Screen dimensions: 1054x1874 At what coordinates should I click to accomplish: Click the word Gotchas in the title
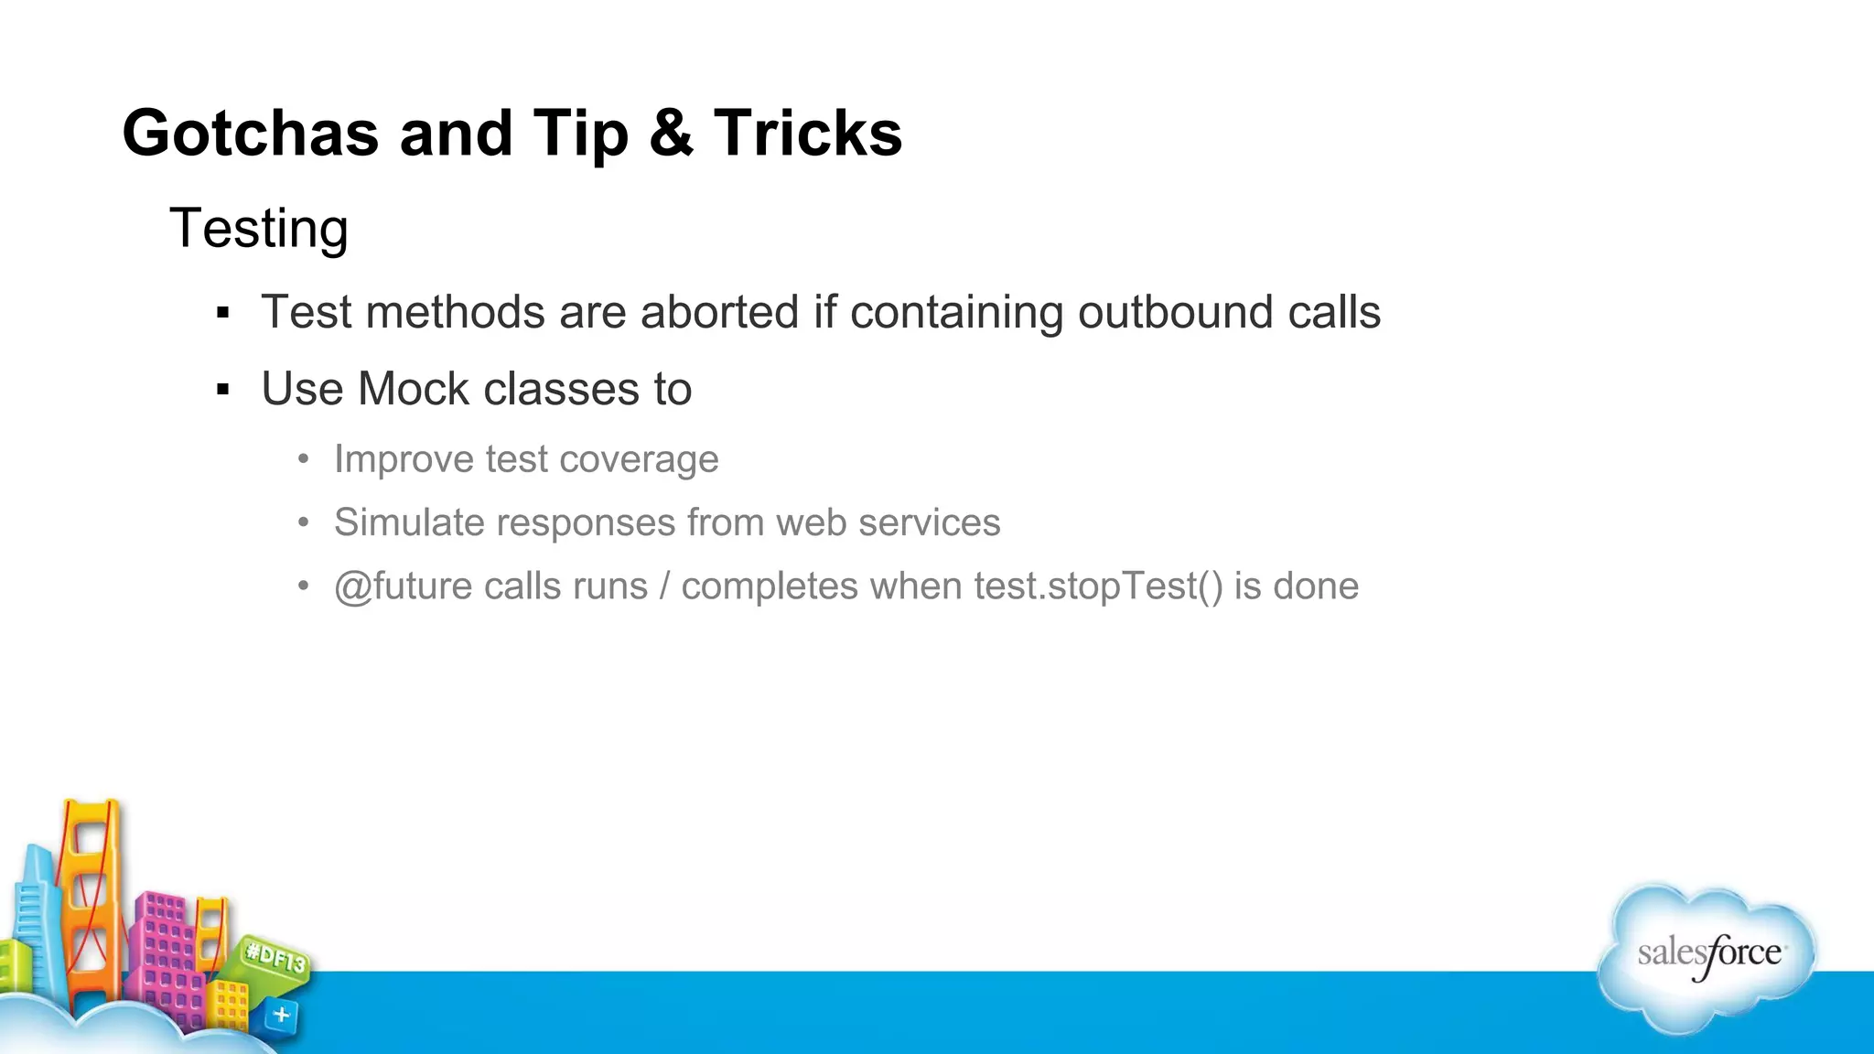pyautogui.click(x=250, y=134)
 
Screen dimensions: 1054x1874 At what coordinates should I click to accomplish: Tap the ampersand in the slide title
pyautogui.click(x=671, y=134)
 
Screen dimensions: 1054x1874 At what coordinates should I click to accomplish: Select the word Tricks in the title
pyautogui.click(x=808, y=134)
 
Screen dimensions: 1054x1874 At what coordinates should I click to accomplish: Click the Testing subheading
pyautogui.click(x=259, y=228)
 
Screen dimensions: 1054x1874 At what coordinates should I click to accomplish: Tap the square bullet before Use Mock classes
pyautogui.click(x=222, y=391)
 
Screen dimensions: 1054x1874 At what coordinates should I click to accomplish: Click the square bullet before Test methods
pyautogui.click(x=222, y=314)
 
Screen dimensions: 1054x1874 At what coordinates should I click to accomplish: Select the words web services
pyautogui.click(x=888, y=522)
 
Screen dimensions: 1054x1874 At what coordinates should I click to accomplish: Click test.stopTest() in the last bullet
pyautogui.click(x=1098, y=586)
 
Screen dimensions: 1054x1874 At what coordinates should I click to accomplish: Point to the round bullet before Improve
pyautogui.click(x=304, y=458)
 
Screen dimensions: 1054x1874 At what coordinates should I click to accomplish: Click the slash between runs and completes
pyautogui.click(x=664, y=586)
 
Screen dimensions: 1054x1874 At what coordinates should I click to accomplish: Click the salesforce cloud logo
pyautogui.click(x=1707, y=956)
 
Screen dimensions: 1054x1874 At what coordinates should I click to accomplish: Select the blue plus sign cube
pyautogui.click(x=281, y=1015)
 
